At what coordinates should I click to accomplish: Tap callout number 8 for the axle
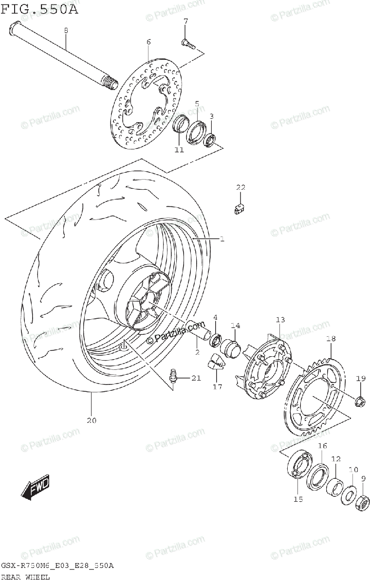tap(66, 30)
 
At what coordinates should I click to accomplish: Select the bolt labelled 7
tap(188, 44)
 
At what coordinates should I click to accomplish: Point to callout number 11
tap(179, 150)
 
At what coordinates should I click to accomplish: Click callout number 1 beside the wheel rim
tap(222, 239)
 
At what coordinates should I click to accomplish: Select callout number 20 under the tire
tap(92, 420)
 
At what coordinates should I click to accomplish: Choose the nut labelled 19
tap(360, 401)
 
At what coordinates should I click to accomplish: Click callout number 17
tap(217, 387)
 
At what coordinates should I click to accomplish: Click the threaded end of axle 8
tap(110, 83)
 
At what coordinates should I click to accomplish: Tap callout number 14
tap(236, 325)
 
